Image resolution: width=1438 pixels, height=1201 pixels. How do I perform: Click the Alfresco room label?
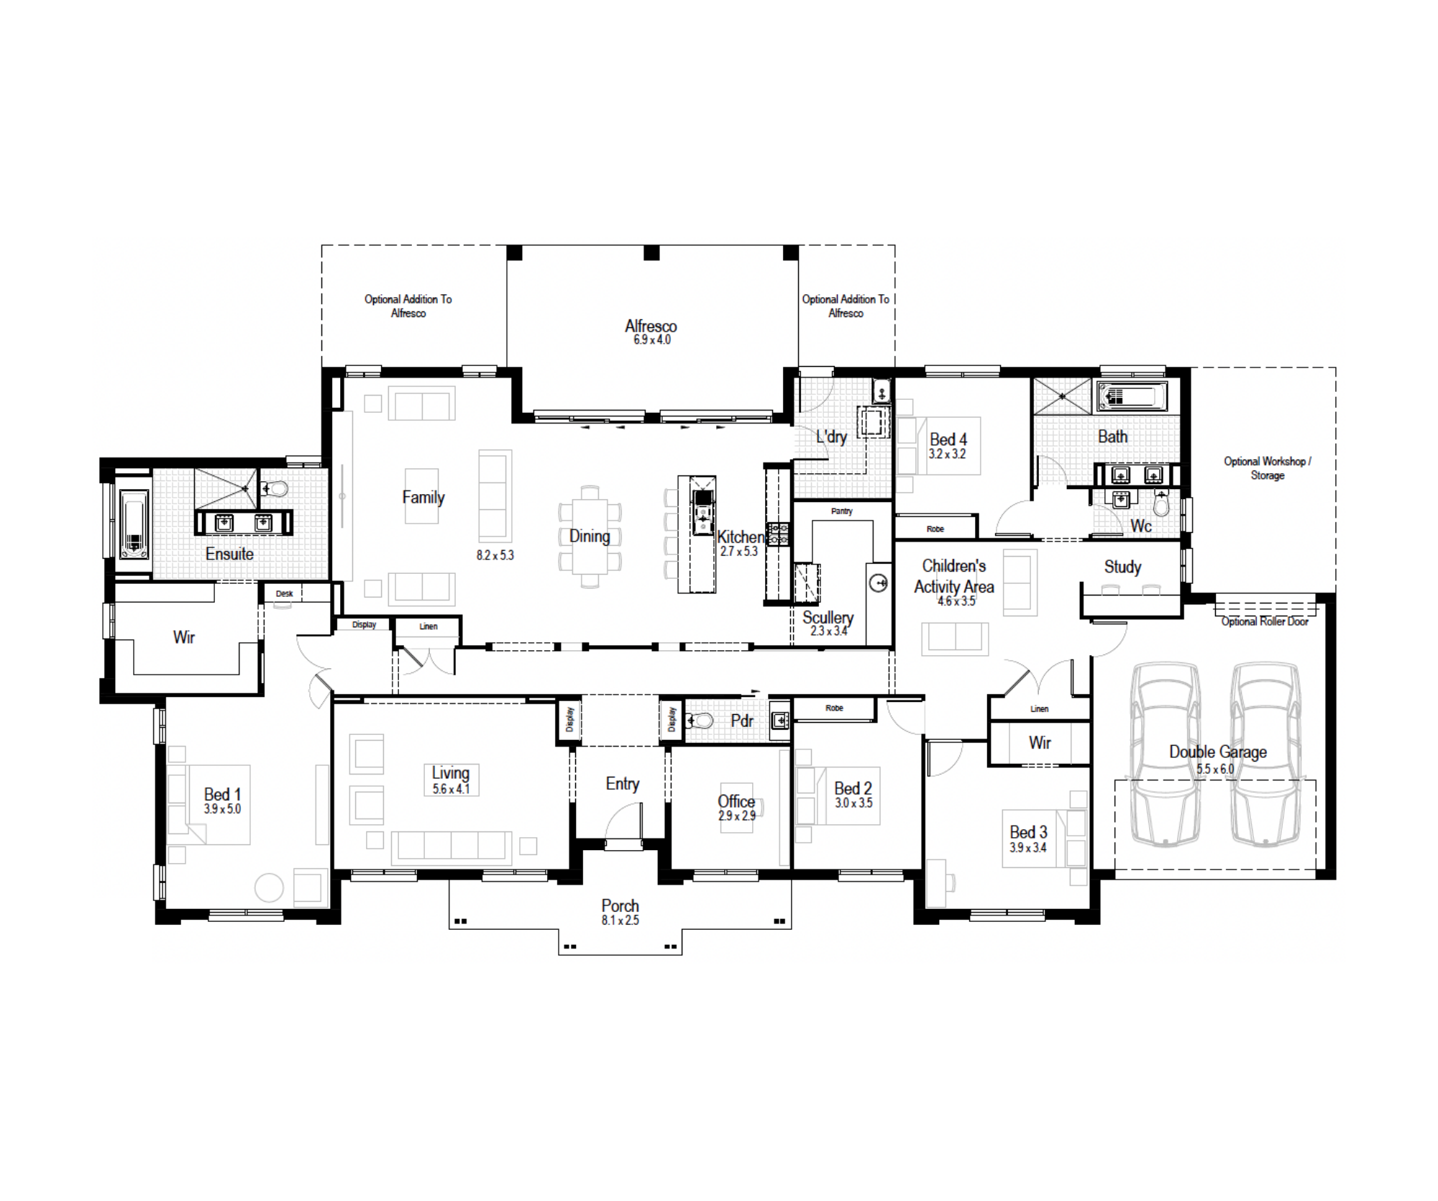pos(651,326)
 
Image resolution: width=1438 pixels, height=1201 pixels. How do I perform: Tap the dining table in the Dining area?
pos(590,536)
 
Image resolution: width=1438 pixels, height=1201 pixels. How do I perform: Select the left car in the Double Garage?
pos(1165,754)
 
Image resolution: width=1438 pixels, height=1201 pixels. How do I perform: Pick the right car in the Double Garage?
pos(1265,754)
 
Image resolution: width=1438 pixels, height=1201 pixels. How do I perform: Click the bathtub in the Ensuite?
pos(134,524)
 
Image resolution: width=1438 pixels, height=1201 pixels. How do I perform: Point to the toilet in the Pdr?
pos(700,721)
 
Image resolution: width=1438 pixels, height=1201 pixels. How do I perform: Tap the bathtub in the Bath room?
pos(1131,396)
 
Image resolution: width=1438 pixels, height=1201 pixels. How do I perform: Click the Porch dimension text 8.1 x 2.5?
pos(620,921)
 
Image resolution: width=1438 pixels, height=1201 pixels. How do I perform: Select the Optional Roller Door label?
pos(1265,621)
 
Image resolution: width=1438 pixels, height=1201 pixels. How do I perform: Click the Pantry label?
pos(842,511)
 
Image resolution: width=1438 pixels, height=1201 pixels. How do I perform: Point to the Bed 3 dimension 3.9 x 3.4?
pos(1028,848)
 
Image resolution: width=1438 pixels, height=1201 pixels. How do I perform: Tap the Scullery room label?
pos(828,618)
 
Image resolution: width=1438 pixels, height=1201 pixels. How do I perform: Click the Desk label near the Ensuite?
pos(285,594)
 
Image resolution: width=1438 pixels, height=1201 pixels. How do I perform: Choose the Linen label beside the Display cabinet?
pos(429,626)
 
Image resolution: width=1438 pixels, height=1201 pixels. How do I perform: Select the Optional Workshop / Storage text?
pos(1268,468)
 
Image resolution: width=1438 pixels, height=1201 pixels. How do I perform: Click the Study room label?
pos(1123,567)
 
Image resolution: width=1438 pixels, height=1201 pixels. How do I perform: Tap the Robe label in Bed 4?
pos(935,529)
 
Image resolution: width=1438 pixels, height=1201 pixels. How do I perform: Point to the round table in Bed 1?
pos(270,887)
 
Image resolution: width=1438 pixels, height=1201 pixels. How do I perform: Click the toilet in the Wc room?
pos(1161,503)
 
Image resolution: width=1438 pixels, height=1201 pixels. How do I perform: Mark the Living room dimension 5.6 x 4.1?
pos(452,789)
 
